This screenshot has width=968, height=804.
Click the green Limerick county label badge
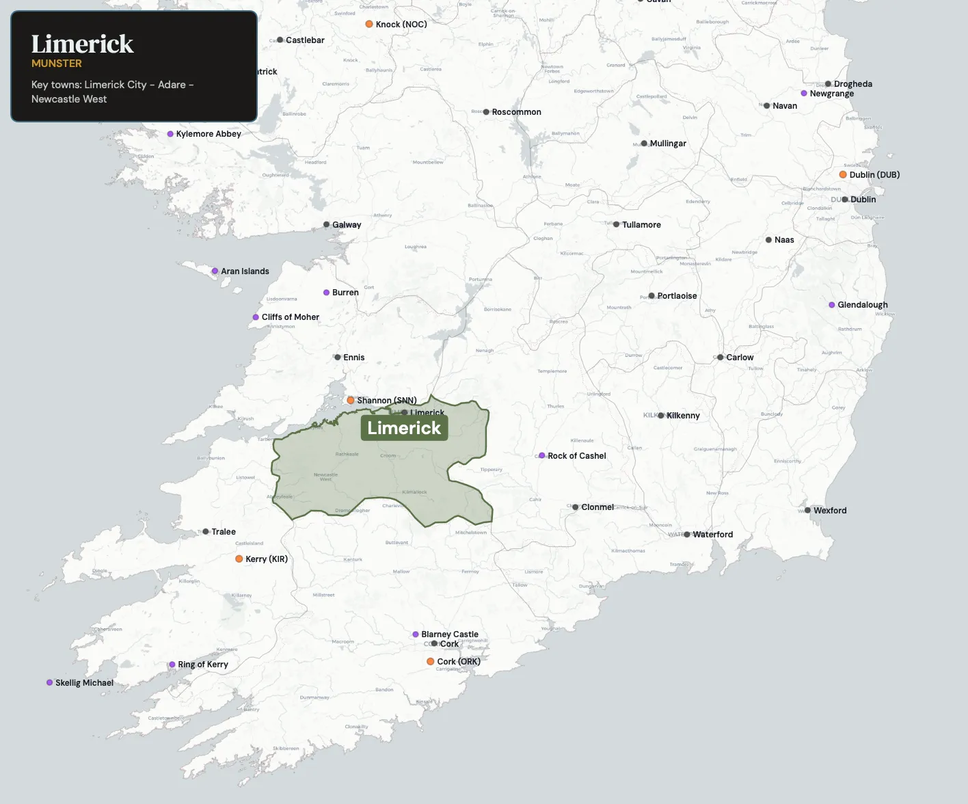pos(404,428)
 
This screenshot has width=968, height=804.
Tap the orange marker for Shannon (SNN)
pos(351,400)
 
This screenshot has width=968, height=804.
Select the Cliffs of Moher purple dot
pos(256,317)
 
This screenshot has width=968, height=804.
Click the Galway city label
pos(347,225)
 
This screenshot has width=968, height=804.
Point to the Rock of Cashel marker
pos(542,455)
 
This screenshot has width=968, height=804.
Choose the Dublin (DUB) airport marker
pos(843,174)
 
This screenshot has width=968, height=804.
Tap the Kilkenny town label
pos(683,416)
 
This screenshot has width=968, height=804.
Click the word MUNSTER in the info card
pos(57,64)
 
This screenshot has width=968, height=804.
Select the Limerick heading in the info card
pos(82,44)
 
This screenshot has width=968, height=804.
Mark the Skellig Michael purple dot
pos(49,682)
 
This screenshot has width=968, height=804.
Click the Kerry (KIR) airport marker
pos(239,559)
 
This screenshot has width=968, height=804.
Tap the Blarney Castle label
pos(450,634)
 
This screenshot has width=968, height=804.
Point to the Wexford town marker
pos(807,510)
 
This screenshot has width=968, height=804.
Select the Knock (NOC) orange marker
pos(369,24)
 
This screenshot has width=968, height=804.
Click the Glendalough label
pos(863,305)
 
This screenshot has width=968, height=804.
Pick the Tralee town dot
pos(206,531)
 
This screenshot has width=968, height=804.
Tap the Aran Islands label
pos(245,271)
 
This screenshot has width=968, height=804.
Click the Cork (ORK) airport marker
pos(431,661)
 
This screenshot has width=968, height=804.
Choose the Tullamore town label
pos(641,225)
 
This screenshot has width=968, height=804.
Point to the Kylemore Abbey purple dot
pos(170,134)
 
